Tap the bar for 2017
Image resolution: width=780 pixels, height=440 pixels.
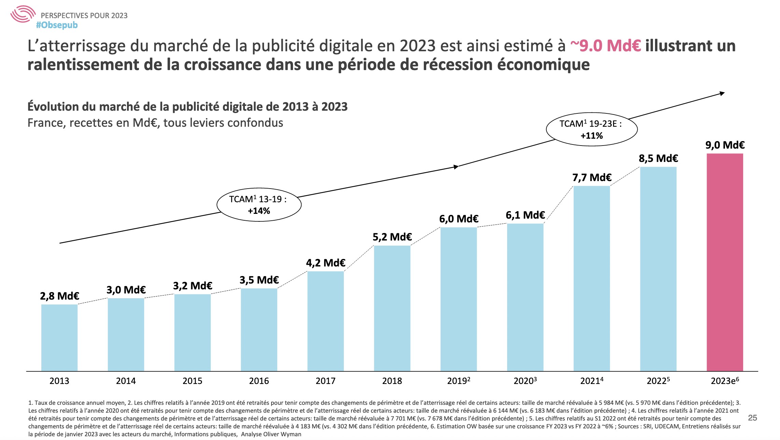pyautogui.click(x=325, y=321)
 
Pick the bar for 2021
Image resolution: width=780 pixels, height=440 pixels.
pyautogui.click(x=591, y=278)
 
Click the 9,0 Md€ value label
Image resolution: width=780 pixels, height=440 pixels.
pyautogui.click(x=725, y=145)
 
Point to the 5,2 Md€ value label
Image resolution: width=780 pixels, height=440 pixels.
pyautogui.click(x=392, y=237)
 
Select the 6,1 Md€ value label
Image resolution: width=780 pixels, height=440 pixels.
pyautogui.click(x=525, y=215)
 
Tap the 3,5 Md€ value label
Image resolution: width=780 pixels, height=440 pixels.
pyautogui.click(x=259, y=280)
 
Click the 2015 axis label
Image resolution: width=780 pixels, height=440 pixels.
pyautogui.click(x=192, y=381)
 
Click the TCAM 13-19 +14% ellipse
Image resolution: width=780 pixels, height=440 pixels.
pyautogui.click(x=259, y=205)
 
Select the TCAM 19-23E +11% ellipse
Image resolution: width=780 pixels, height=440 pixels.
pyautogui.click(x=591, y=129)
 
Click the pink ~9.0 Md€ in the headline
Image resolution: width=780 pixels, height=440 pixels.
pyautogui.click(x=605, y=46)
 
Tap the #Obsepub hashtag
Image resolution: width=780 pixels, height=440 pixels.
pyautogui.click(x=57, y=25)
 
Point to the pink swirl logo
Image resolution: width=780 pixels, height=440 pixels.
pyautogui.click(x=23, y=14)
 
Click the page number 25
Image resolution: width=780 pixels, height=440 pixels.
pyautogui.click(x=752, y=418)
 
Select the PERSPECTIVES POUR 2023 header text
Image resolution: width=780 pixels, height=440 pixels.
pyautogui.click(x=84, y=15)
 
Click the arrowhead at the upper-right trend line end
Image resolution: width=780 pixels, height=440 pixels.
pyautogui.click(x=722, y=93)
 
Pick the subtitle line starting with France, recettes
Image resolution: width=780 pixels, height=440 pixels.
pyautogui.click(x=155, y=123)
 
